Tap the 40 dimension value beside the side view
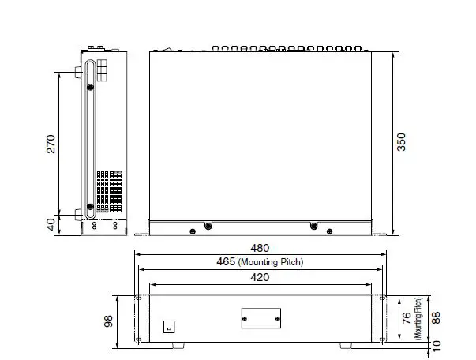pos(51,224)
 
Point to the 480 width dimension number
pos(260,247)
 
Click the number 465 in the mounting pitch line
pos(226,261)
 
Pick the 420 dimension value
pos(260,277)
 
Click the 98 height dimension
pos(109,321)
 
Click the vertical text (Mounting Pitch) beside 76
pos(418,319)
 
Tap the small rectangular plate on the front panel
pos(260,317)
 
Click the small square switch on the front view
pos(168,326)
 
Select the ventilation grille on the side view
pos(109,191)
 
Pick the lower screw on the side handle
pos(91,208)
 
